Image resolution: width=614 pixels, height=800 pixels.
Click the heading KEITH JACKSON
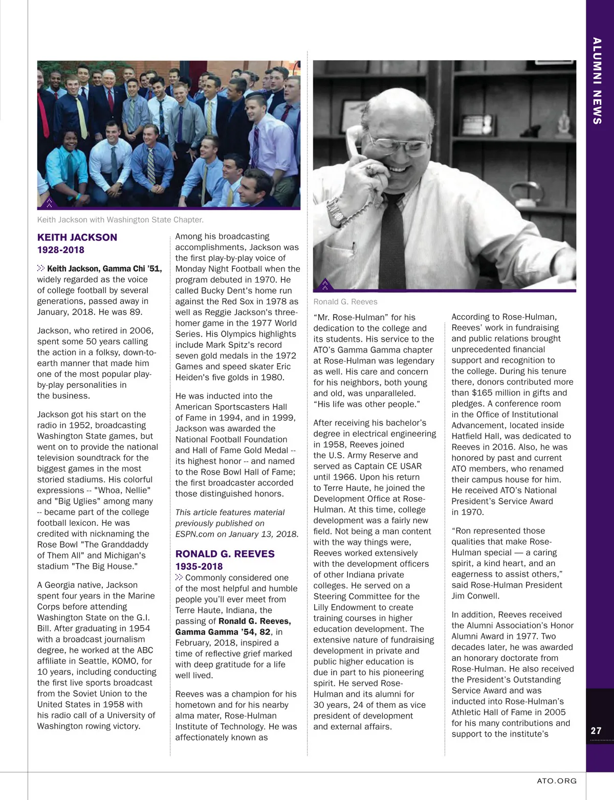click(77, 237)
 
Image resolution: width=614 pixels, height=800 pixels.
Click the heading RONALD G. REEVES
click(225, 554)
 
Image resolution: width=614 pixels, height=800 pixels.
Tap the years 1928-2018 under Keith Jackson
click(60, 250)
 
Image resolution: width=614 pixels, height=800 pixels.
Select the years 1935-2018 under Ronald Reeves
click(199, 566)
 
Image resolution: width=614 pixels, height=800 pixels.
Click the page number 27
click(596, 730)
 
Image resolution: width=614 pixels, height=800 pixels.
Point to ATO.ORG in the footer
click(557, 781)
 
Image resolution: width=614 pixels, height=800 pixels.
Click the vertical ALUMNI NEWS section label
click(597, 81)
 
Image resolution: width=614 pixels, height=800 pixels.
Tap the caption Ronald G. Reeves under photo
click(345, 302)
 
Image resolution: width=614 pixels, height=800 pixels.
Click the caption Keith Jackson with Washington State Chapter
click(120, 220)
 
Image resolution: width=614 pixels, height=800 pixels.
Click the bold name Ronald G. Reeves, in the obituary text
click(254, 621)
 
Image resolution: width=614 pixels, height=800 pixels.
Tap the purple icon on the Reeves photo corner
click(324, 285)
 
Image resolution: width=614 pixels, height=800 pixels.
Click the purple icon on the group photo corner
click(49, 203)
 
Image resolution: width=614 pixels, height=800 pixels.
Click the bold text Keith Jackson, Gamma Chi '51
click(104, 269)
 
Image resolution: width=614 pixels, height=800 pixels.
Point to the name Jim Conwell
click(475, 596)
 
